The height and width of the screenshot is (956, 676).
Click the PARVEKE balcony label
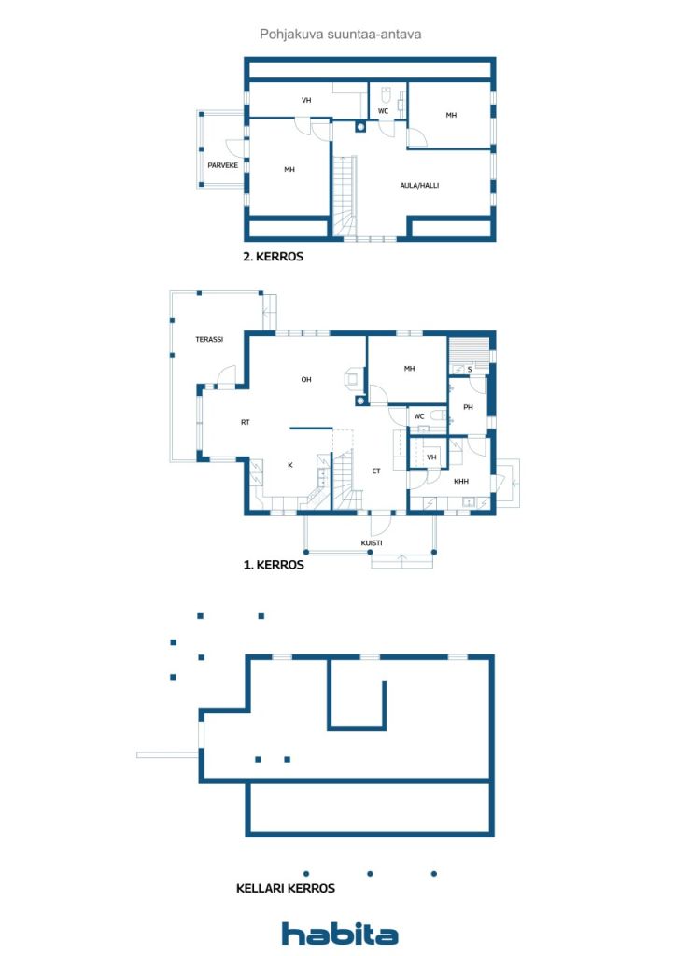point(222,165)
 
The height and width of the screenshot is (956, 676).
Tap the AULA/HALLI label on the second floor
point(419,186)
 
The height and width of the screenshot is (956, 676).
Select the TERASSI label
point(209,340)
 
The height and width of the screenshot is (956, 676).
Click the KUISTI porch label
point(372,543)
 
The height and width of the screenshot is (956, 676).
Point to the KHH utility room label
point(461,482)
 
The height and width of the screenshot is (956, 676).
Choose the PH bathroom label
point(468,407)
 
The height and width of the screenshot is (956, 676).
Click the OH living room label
point(306,380)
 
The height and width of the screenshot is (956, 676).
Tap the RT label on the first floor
point(245,423)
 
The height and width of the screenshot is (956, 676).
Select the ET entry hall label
point(376,471)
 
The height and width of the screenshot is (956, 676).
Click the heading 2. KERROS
point(273,257)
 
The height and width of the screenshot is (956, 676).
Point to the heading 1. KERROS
point(274,565)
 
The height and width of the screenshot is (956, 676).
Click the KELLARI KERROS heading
point(286,889)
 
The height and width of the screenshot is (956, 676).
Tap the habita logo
point(340,934)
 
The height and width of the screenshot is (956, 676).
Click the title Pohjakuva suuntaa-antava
point(340,35)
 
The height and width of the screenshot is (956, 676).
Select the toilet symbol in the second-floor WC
point(386,95)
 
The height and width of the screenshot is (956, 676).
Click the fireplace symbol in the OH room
point(352,378)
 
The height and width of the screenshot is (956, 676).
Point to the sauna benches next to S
point(470,352)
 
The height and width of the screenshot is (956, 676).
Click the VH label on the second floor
point(306,100)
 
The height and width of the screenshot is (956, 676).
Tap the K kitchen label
point(290,465)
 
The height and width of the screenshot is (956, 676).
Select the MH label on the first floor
point(409,369)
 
